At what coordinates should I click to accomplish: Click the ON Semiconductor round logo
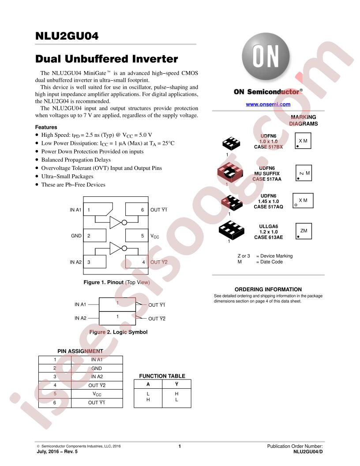(266, 56)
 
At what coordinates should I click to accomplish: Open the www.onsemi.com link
(268, 104)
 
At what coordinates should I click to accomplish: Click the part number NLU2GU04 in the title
(67, 36)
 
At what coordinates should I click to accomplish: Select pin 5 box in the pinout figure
(137, 235)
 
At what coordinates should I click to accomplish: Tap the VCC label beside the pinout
(155, 236)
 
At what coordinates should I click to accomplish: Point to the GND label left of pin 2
(76, 236)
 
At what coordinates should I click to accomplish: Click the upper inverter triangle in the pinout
(116, 222)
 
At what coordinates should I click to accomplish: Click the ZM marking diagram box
(304, 231)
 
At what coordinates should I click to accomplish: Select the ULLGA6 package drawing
(231, 230)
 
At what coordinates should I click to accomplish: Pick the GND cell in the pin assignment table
(97, 368)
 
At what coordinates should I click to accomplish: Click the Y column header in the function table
(177, 384)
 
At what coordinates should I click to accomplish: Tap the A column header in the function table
(148, 384)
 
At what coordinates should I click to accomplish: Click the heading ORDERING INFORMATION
(268, 289)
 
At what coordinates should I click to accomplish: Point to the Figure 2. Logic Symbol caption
(118, 332)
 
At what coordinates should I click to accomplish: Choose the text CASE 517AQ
(268, 207)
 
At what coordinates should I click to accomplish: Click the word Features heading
(46, 127)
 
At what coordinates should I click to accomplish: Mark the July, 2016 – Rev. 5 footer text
(57, 451)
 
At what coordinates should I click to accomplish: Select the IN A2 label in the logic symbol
(80, 318)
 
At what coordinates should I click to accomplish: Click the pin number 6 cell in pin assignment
(55, 403)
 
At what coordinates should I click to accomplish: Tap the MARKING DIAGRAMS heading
(303, 120)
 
